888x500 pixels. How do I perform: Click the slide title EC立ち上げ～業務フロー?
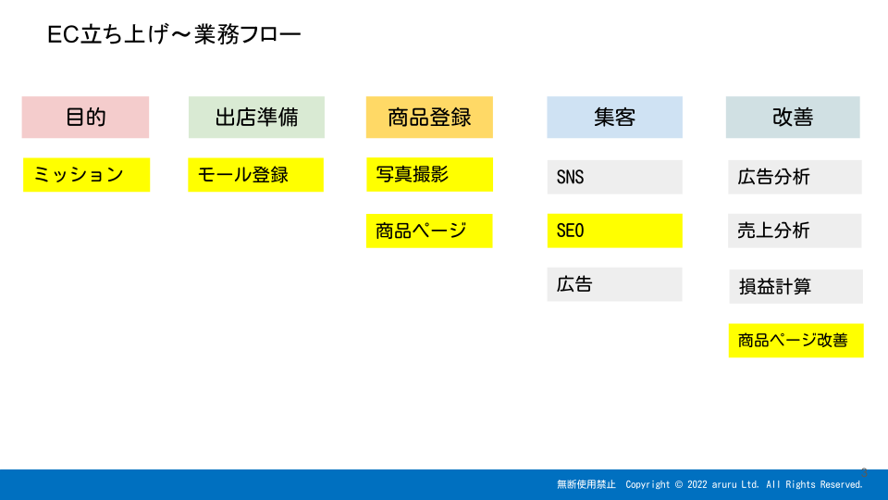174,34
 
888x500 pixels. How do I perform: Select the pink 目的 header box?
85,118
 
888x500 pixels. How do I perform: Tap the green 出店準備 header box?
256,118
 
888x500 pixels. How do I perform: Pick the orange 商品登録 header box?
429,118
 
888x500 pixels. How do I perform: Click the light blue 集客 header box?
614,118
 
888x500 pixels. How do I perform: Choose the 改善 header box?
793,118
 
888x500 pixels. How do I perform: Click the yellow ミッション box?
87,175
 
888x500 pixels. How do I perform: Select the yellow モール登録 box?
256,175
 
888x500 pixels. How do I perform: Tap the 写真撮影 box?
429,175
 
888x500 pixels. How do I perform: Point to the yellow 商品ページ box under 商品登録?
429,231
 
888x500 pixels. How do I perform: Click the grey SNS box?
614,177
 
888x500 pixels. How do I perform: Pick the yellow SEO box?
614,231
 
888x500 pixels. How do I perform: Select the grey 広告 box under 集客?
614,284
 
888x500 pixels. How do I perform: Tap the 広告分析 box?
795,177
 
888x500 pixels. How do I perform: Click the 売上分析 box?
795,231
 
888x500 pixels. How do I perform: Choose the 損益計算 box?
796,287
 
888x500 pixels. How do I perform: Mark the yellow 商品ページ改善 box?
796,341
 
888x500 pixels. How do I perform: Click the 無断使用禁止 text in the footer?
586,484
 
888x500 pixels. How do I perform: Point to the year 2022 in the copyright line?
697,484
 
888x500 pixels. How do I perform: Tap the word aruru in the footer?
724,485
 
